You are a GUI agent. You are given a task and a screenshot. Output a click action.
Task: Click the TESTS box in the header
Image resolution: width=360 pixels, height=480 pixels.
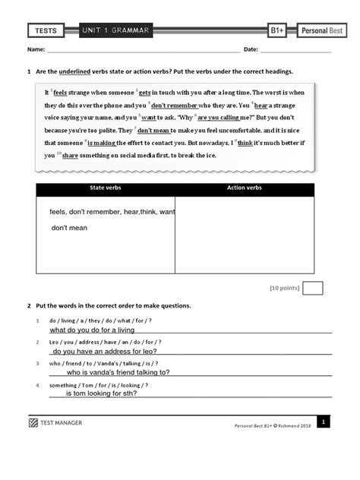(47, 31)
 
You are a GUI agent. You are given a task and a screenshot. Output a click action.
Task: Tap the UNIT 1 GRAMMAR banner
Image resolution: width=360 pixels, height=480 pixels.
(117, 31)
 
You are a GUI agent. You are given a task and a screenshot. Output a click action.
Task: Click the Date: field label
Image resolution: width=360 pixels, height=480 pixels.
(251, 50)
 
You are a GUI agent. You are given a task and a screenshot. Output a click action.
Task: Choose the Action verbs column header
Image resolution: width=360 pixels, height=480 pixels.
(244, 188)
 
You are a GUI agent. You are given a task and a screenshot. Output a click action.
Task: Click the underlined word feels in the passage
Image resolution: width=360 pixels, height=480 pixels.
(60, 92)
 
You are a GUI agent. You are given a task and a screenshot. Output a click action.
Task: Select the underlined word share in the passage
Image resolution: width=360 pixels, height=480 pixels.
(70, 155)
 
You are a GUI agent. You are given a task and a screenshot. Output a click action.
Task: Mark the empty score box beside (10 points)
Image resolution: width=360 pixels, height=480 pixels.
(312, 288)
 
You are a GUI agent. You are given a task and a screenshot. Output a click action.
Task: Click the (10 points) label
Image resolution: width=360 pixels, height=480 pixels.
(284, 288)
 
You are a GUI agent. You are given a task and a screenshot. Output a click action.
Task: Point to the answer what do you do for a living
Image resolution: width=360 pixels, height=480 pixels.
(92, 330)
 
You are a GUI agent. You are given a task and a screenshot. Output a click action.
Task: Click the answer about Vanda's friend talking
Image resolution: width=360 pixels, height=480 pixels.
(118, 372)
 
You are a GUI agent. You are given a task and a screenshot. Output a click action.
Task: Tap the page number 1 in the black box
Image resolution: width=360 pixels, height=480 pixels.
(323, 422)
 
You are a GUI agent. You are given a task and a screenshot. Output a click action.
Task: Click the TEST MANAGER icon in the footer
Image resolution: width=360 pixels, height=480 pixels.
(33, 422)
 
